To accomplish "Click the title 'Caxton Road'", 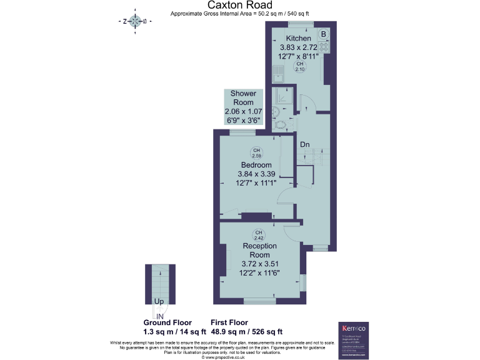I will click(239, 5).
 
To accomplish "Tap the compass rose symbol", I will click(134, 21).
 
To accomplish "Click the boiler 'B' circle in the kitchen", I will click(323, 34).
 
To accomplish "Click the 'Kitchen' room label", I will click(298, 39).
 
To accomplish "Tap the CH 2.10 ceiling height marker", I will click(299, 67).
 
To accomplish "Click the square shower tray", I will click(284, 96).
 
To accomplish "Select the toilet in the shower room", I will click(284, 123).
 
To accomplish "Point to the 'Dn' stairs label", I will click(305, 144).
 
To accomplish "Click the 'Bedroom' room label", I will click(256, 165).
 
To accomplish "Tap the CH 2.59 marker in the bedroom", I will click(256, 152).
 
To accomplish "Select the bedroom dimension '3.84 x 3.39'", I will click(256, 174).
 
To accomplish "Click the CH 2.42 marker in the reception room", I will click(258, 235).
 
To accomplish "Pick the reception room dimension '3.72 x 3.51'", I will click(260, 264).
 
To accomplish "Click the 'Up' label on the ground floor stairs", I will click(159, 301).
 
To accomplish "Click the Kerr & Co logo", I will click(354, 327).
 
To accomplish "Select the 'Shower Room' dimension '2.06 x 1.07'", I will click(244, 111).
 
